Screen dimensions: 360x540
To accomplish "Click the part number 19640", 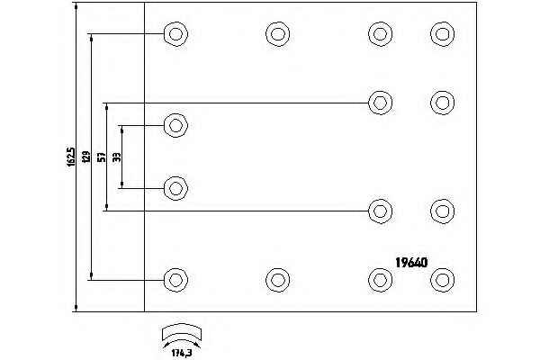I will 411,263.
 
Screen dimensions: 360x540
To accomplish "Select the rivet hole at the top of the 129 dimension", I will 175,35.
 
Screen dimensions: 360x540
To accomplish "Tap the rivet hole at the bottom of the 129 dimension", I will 175,277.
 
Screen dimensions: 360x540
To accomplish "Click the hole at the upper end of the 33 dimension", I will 175,125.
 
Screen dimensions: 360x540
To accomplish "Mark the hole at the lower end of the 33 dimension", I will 175,188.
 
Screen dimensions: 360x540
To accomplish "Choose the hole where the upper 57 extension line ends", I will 381,101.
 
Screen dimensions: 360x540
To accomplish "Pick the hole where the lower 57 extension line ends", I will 381,211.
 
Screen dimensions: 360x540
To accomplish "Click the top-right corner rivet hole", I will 442,35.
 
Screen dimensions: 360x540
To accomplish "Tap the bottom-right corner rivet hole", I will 442,277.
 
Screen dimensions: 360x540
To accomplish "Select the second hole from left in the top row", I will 278,35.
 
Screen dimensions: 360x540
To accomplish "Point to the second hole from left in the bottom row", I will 278,277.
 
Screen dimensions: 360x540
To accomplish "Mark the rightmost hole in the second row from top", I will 442,101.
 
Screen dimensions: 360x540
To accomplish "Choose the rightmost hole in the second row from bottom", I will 442,211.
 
